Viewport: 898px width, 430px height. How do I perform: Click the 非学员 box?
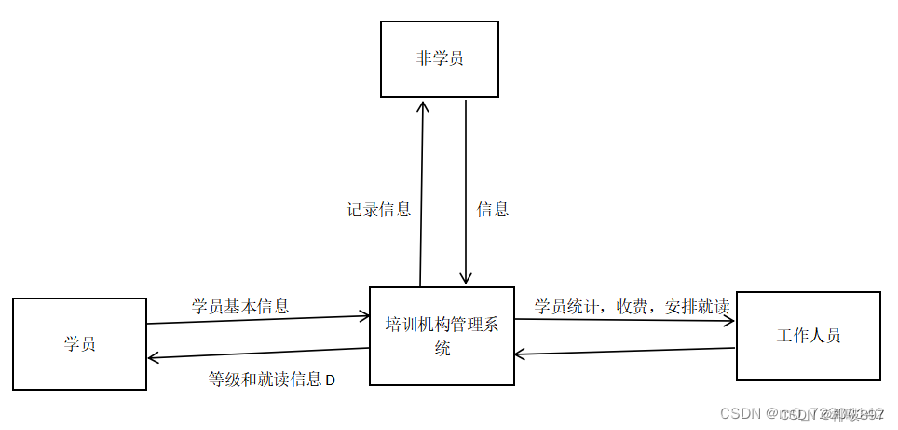coord(440,60)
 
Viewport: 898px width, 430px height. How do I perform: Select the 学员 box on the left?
coord(79,343)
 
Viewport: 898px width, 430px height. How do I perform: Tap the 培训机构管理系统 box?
coord(442,336)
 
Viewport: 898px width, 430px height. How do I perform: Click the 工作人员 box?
coord(808,336)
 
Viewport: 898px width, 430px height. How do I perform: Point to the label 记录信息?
coord(379,210)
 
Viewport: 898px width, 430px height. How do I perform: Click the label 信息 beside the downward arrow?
coord(493,210)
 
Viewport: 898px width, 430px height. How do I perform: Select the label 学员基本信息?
coord(240,305)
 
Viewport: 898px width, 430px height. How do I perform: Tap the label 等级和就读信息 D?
coord(271,380)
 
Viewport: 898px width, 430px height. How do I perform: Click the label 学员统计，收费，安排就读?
coord(631,306)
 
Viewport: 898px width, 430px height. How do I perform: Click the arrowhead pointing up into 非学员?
coord(423,104)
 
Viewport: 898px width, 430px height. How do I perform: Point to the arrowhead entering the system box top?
coord(466,279)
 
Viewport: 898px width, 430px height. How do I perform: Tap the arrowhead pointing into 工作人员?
coord(729,322)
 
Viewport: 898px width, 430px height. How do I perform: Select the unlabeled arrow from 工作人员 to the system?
coord(624,352)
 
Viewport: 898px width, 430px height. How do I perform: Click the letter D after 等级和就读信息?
coord(330,381)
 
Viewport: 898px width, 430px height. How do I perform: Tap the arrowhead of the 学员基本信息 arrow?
coord(364,316)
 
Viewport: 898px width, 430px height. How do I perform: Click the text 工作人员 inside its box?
coord(808,336)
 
